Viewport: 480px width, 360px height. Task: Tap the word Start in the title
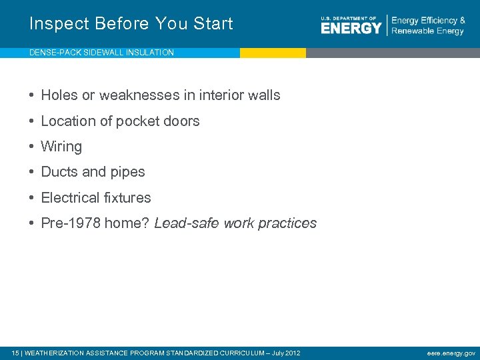click(211, 24)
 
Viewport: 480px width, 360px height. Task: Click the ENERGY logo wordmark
click(351, 27)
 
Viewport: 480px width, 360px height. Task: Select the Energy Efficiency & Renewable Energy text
click(428, 26)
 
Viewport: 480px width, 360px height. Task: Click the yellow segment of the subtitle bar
click(273, 53)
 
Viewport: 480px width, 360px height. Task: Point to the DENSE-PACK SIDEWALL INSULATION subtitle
click(101, 53)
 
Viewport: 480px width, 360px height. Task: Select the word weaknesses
click(134, 95)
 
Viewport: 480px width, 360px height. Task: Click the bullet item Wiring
click(61, 147)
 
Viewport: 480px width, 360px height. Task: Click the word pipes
click(128, 172)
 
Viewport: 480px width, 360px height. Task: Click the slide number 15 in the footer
click(16, 353)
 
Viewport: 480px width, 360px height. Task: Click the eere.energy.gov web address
click(451, 353)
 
